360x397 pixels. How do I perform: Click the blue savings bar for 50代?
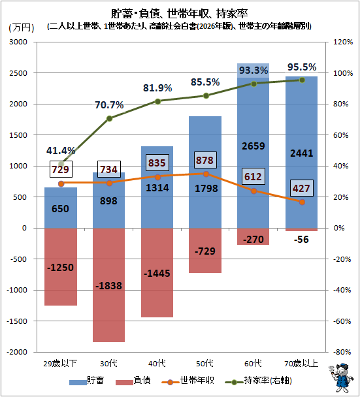point(205,172)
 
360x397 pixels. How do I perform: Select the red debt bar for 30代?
point(108,285)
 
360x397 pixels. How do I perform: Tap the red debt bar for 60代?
point(253,236)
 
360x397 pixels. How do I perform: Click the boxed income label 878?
point(205,160)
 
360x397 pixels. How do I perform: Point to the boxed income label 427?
point(301,188)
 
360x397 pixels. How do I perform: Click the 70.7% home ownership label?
point(109,105)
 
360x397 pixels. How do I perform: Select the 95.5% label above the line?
point(302,67)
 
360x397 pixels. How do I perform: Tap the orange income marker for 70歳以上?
point(302,202)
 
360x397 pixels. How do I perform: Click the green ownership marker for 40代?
point(157,101)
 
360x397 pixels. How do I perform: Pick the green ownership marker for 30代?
point(109,118)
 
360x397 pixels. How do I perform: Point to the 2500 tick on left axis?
point(18,73)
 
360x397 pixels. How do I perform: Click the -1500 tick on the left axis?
point(17,321)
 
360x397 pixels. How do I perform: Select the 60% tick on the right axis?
point(341,135)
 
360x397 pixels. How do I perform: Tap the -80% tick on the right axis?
point(342,352)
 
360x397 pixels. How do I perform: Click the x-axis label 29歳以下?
point(60,364)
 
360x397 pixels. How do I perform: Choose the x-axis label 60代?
point(253,364)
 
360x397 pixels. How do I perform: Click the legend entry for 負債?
point(133,381)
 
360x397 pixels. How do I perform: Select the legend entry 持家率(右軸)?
point(259,381)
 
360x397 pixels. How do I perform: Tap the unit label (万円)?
point(22,27)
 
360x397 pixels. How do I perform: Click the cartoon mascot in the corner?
point(341,378)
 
